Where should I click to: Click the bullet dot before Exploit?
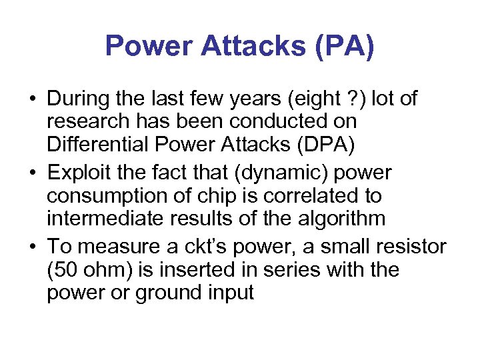pyautogui.click(x=32, y=173)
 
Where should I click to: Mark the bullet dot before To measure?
pyautogui.click(x=32, y=247)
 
